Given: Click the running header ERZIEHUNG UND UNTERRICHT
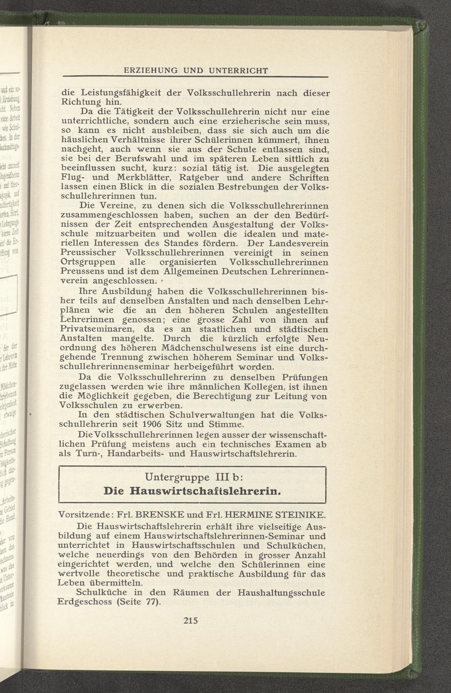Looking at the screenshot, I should click(196, 70).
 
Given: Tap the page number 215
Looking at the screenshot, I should click(192, 620).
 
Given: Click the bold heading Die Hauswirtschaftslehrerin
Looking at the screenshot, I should click(192, 490).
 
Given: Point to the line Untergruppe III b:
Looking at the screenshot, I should click(193, 475).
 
